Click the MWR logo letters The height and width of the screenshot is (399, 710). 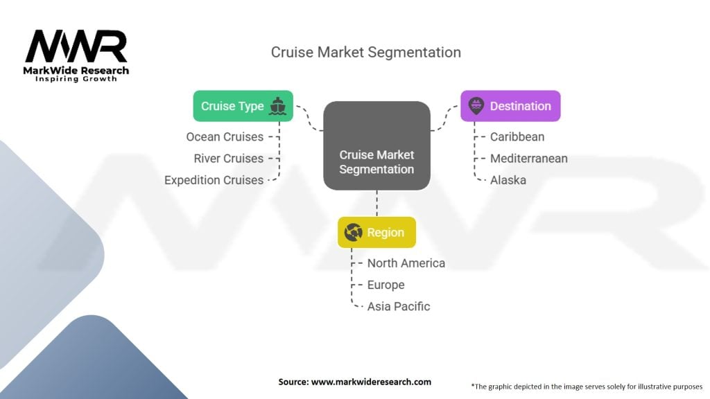point(76,46)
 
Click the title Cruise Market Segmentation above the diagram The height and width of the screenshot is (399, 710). point(366,53)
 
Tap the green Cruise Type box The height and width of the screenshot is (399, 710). point(243,106)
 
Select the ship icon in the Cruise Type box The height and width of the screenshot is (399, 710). point(277,106)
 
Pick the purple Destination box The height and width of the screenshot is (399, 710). point(510,106)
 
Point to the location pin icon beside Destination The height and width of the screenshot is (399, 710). point(476,106)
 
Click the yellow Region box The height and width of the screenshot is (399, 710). point(376,232)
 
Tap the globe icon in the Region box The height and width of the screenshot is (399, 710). point(353,232)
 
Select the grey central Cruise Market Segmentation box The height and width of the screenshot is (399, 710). point(376,145)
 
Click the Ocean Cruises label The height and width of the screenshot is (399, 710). point(225,136)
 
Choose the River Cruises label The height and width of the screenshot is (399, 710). point(228,159)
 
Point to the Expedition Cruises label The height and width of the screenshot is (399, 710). point(214,180)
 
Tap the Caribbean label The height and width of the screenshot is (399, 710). point(517,136)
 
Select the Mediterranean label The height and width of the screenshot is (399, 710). point(529,159)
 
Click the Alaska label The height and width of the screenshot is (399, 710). point(508,180)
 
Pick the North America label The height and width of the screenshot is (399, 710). point(406,263)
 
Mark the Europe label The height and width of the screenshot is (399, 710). point(386,285)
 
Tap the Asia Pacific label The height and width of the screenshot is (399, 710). point(399,306)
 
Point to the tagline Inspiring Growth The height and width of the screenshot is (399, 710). point(76,79)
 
